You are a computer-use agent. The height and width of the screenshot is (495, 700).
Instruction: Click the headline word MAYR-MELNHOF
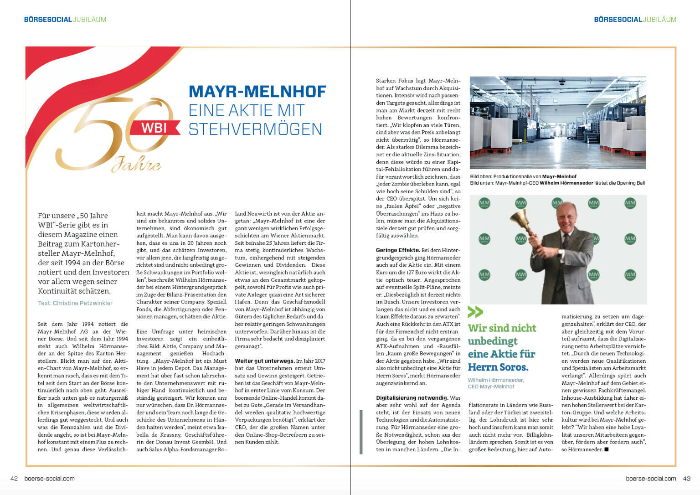tap(257, 92)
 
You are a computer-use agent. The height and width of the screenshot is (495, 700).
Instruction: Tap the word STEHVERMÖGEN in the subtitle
tap(255, 129)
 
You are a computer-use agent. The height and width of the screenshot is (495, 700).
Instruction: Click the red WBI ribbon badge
tap(154, 128)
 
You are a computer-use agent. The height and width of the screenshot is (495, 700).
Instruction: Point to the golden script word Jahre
tap(136, 164)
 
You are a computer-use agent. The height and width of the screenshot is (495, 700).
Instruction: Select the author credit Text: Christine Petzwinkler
tap(75, 303)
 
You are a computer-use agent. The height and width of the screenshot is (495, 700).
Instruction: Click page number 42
tap(14, 479)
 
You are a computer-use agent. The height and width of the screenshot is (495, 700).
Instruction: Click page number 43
tap(687, 479)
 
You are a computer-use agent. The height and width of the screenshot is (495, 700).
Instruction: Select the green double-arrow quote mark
tap(475, 312)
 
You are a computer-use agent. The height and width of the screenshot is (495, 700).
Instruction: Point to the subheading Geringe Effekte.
tap(398, 250)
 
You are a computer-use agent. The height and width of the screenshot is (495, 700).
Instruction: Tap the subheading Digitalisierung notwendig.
tap(412, 398)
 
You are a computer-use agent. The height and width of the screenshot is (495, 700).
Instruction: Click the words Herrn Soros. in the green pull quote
tap(498, 367)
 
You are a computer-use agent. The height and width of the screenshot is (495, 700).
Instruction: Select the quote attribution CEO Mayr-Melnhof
tap(491, 387)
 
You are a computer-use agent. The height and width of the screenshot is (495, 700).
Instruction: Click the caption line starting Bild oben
tap(523, 176)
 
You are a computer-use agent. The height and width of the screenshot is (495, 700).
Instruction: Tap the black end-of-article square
tap(606, 449)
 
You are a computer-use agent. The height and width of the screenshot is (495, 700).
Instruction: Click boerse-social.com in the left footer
tap(49, 479)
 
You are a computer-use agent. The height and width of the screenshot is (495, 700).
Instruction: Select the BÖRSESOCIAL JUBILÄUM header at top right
tap(635, 20)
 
